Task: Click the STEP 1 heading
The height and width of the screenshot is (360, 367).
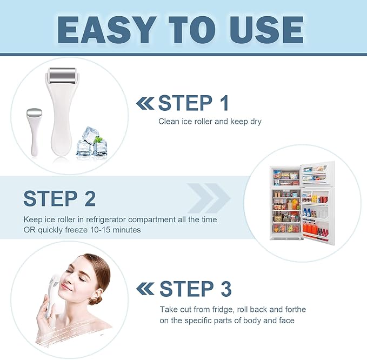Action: [x=193, y=103]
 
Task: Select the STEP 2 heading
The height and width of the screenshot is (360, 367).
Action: [x=59, y=198]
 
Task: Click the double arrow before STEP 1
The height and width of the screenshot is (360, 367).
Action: [x=145, y=103]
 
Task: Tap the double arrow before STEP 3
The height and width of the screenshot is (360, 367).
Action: [x=145, y=289]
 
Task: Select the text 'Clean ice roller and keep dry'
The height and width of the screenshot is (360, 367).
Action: [x=210, y=122]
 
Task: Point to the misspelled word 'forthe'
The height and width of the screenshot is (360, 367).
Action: [x=294, y=309]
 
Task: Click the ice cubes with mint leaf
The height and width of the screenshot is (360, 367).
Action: [x=91, y=142]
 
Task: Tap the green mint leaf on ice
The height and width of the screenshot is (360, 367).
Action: [x=98, y=139]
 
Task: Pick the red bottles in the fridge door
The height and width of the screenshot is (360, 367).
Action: [x=313, y=229]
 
